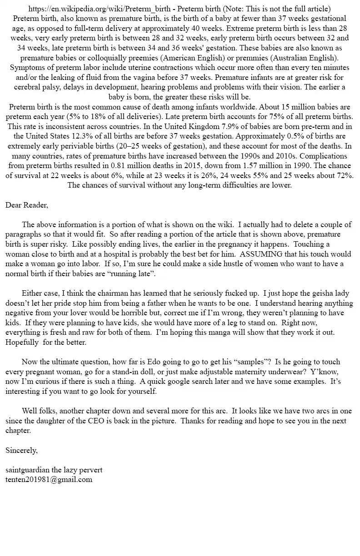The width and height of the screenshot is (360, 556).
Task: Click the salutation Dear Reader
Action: click(x=26, y=205)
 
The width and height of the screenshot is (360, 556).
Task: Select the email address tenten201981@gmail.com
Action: click(x=49, y=479)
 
